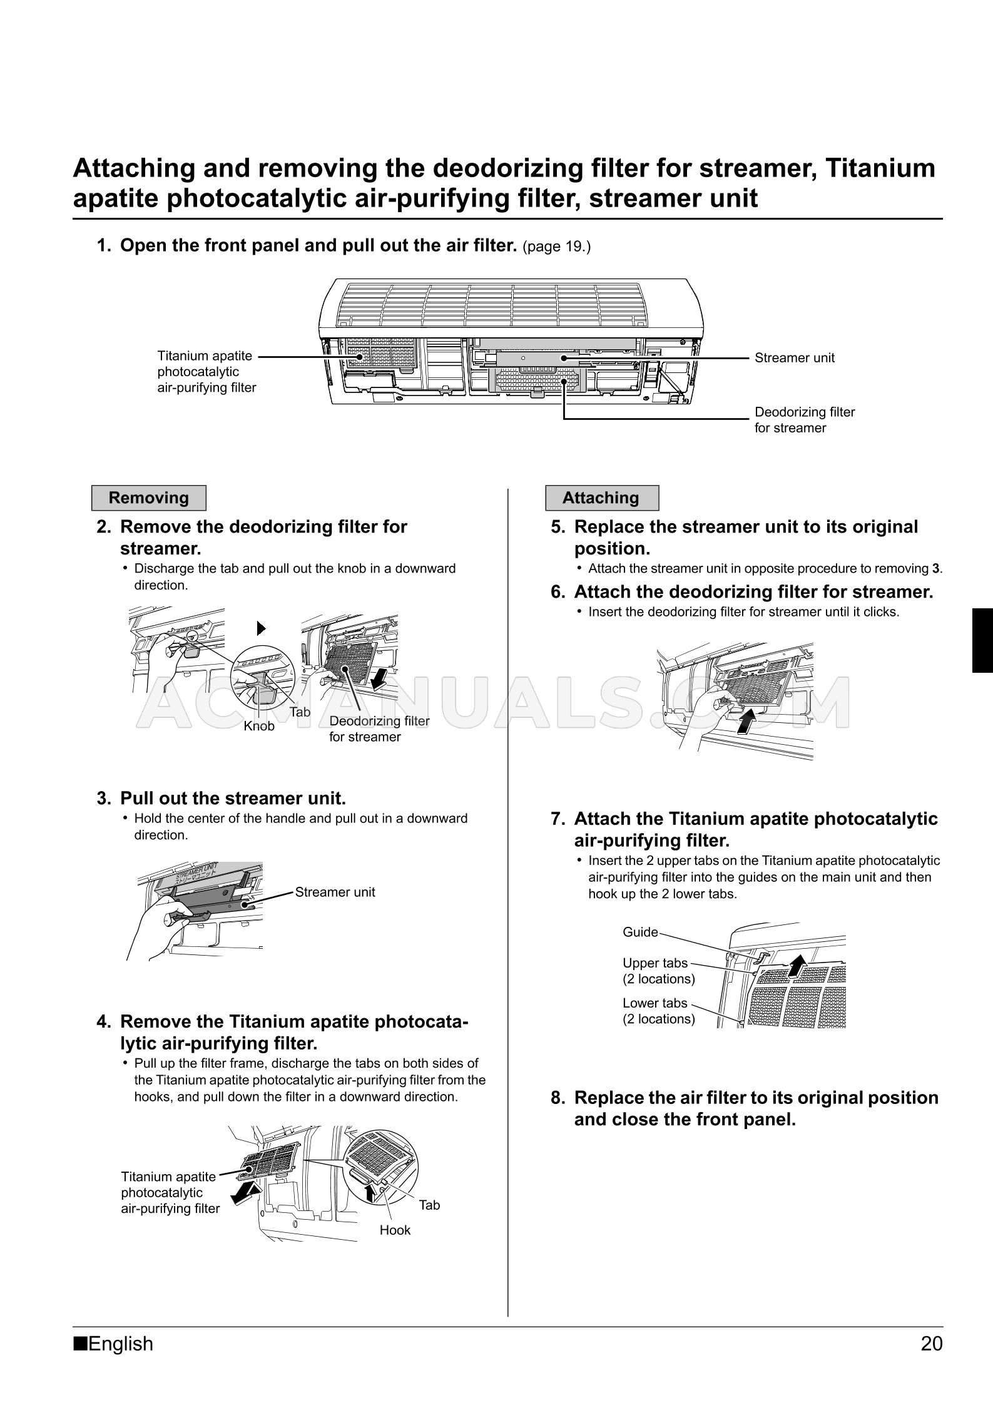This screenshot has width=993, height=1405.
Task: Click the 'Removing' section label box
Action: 148,498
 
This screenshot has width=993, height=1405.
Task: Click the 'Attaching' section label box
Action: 601,498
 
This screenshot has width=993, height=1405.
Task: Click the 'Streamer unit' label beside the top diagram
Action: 794,358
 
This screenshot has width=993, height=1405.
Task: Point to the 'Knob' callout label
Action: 259,726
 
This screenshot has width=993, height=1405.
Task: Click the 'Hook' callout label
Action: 395,1230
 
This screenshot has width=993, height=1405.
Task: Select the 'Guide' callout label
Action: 640,932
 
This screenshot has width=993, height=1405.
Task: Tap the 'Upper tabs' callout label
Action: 655,963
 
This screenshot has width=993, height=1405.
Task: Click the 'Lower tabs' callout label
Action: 654,1003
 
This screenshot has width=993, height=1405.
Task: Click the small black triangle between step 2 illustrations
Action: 262,628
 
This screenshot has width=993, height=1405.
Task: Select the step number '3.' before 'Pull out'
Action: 104,799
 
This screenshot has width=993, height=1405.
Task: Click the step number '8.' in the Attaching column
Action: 559,1098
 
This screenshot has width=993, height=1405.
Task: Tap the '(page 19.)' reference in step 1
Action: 556,247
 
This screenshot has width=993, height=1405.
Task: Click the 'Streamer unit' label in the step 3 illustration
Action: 335,892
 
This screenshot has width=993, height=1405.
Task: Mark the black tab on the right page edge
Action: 982,640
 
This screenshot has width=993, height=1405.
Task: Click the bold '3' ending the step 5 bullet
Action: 935,569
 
